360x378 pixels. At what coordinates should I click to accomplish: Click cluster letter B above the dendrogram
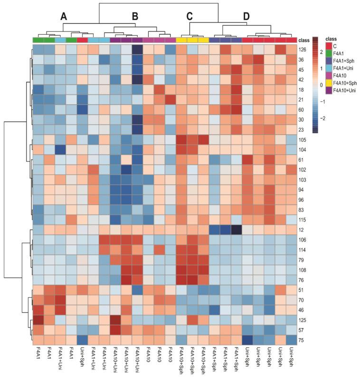pos(135,17)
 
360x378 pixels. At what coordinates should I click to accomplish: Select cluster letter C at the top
pos(189,17)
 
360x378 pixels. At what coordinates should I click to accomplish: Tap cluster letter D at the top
pos(246,17)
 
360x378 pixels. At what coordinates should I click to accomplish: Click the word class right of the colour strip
pos(305,40)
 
